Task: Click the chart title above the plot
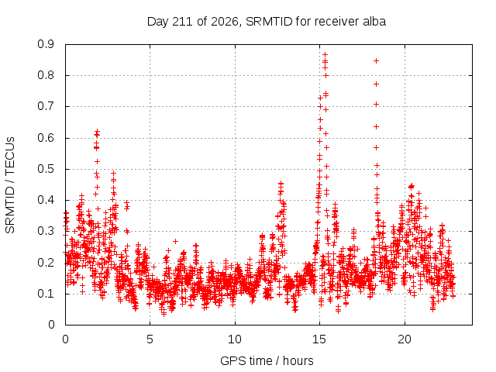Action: coord(267,22)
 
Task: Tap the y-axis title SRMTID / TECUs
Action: coord(10,185)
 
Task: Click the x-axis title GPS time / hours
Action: coord(267,360)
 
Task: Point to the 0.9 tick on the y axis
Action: coord(46,44)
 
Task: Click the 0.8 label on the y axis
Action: coord(46,75)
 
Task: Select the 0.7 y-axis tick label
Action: coord(46,106)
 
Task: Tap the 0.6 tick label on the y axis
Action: coord(46,138)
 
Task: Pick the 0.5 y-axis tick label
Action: coord(46,169)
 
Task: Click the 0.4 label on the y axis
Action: coord(46,200)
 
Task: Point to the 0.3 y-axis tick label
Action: coord(46,231)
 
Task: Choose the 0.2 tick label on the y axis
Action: coord(46,263)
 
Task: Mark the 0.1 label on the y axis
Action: coord(46,294)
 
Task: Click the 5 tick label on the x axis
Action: coord(150,339)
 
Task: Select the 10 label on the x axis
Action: coord(235,339)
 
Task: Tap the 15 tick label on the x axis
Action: coord(319,339)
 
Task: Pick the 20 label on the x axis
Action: coord(405,339)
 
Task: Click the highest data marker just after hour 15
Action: coord(325,55)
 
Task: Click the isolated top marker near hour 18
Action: coord(376,60)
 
